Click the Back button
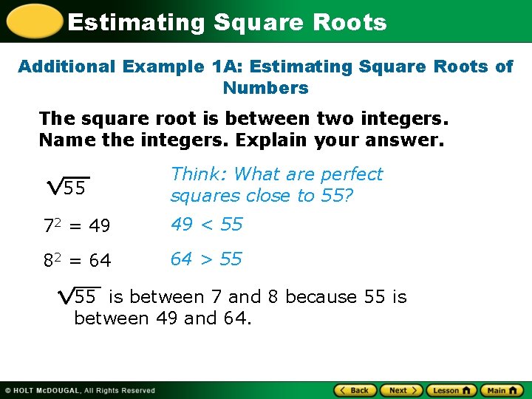tap(356, 390)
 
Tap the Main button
tap(502, 390)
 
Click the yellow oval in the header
tap(34, 21)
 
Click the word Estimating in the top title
tap(136, 22)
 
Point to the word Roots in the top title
tap(349, 22)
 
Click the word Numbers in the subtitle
tap(265, 88)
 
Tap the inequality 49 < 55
tap(206, 225)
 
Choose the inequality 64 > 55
tap(206, 259)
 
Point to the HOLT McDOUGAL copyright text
tap(80, 390)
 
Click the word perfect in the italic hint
tap(348, 174)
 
